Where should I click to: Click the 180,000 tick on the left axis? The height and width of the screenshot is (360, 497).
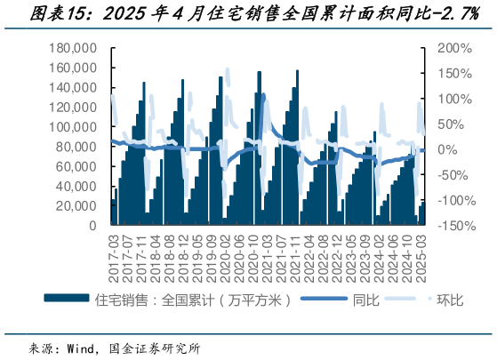click(76, 48)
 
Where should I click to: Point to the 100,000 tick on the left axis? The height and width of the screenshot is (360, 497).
click(76, 127)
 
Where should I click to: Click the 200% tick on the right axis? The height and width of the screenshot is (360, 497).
click(452, 48)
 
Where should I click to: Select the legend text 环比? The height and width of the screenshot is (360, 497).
click(450, 300)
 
